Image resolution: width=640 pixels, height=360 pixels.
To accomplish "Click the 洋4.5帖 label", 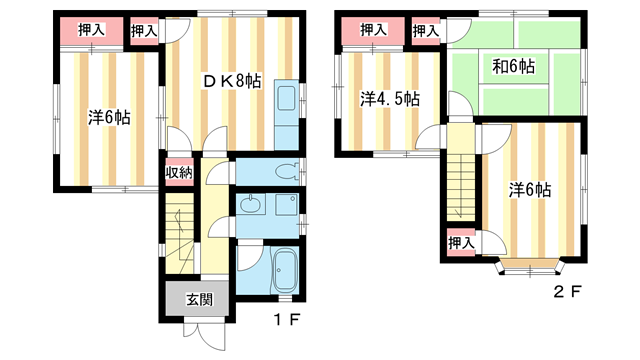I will click(x=389, y=99).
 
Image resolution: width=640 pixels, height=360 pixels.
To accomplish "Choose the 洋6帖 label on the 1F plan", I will click(x=109, y=117).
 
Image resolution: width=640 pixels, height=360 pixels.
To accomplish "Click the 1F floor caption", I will click(x=287, y=322).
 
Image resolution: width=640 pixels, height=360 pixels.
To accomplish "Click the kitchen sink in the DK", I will click(x=283, y=99).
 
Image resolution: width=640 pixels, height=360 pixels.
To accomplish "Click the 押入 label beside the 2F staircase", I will click(x=460, y=243).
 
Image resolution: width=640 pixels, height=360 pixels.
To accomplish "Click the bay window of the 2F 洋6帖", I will click(x=530, y=265).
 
